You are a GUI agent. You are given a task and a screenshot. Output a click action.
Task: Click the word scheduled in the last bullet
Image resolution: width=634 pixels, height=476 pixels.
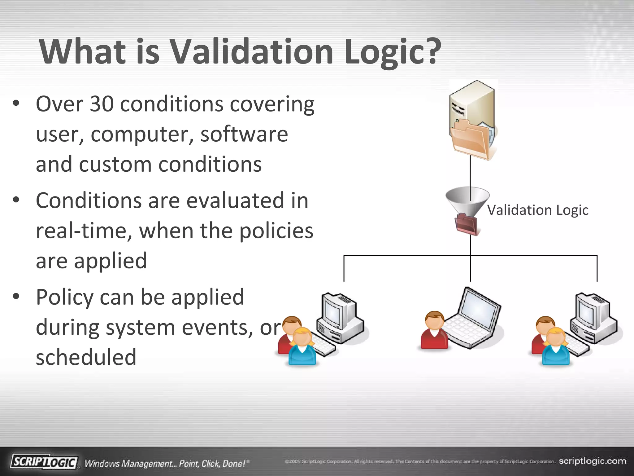click(x=86, y=357)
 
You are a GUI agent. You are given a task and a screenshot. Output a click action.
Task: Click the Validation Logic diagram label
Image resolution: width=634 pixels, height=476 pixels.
click(x=538, y=210)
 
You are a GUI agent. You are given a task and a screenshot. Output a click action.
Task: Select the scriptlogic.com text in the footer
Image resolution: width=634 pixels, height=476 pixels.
click(x=592, y=461)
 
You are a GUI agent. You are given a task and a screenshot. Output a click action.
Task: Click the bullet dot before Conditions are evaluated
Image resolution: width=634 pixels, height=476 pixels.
click(x=16, y=200)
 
